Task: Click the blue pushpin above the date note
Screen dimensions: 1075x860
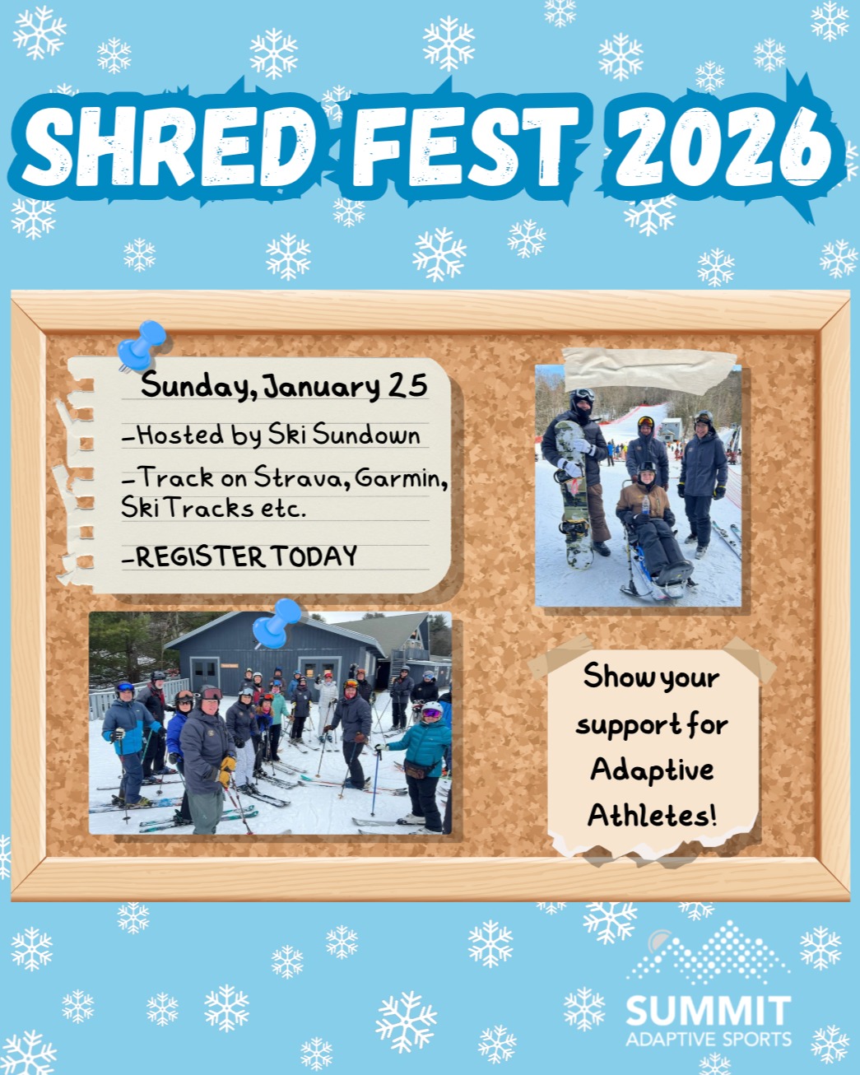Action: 142,343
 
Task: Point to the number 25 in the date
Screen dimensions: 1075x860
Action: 407,386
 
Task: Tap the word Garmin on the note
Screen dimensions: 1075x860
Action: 401,478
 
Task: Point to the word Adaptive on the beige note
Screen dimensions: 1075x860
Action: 652,771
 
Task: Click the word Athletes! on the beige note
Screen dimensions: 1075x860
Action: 652,816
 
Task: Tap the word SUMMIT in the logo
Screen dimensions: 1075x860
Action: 708,1012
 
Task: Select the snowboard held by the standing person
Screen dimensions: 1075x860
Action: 574,494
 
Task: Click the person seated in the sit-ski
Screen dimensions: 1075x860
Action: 649,519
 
